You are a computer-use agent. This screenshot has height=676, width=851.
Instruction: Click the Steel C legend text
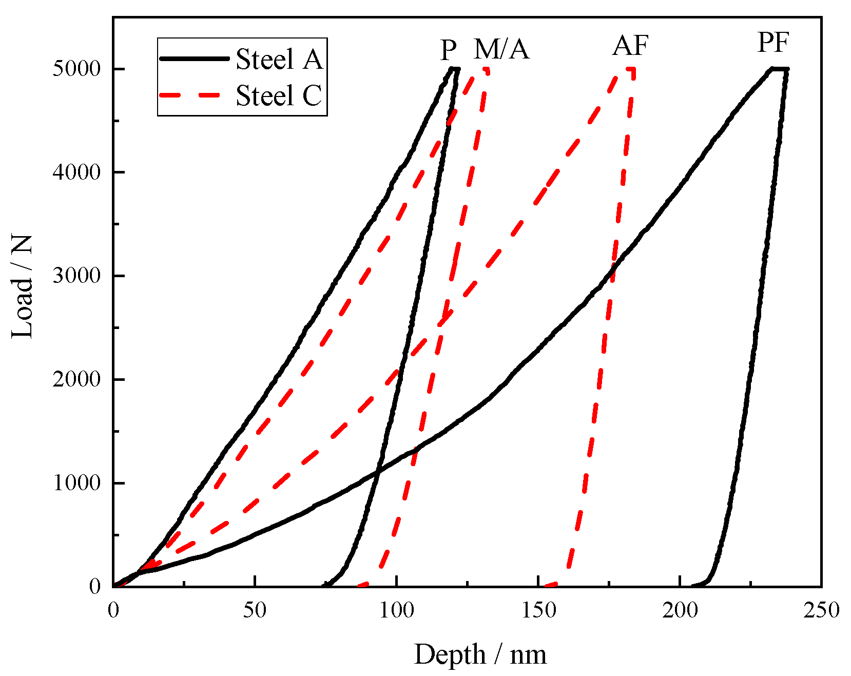pyautogui.click(x=279, y=95)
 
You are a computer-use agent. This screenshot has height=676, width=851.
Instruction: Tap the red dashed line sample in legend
pyautogui.click(x=190, y=95)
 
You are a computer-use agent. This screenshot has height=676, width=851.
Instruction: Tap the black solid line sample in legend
pyautogui.click(x=194, y=59)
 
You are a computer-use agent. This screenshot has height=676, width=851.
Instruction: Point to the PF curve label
pyautogui.click(x=772, y=43)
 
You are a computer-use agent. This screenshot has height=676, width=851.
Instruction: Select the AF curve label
pyautogui.click(x=630, y=46)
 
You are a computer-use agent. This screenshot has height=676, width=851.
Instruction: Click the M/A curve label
pyautogui.click(x=501, y=50)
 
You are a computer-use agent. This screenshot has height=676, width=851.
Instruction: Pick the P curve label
pyautogui.click(x=448, y=50)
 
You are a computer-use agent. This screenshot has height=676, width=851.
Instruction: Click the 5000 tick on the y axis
pyautogui.click(x=76, y=69)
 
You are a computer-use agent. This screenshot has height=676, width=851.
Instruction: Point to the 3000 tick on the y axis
pyautogui.click(x=76, y=276)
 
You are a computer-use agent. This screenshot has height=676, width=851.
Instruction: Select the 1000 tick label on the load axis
pyautogui.click(x=76, y=482)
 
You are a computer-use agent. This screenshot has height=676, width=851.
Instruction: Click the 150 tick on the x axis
pyautogui.click(x=538, y=610)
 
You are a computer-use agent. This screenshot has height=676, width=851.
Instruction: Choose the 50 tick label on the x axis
pyautogui.click(x=255, y=610)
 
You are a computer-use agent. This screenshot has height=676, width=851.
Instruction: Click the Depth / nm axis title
pyautogui.click(x=480, y=654)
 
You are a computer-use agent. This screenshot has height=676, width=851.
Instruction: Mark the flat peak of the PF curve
pyautogui.click(x=779, y=68)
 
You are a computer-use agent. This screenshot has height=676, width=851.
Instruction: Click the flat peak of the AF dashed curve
pyautogui.click(x=630, y=69)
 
